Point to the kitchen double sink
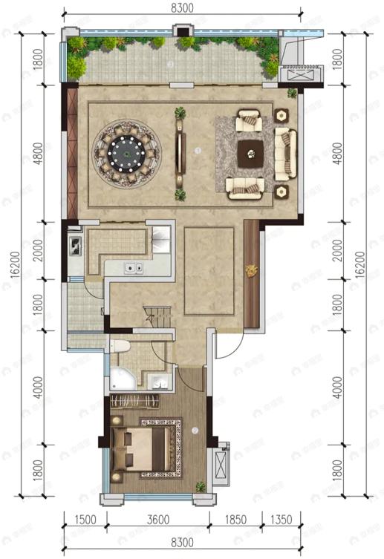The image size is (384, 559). pyautogui.click(x=133, y=269)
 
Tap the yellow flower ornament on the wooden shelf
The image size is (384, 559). pyautogui.click(x=251, y=270)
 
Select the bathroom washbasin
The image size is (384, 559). pyautogui.click(x=158, y=383)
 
